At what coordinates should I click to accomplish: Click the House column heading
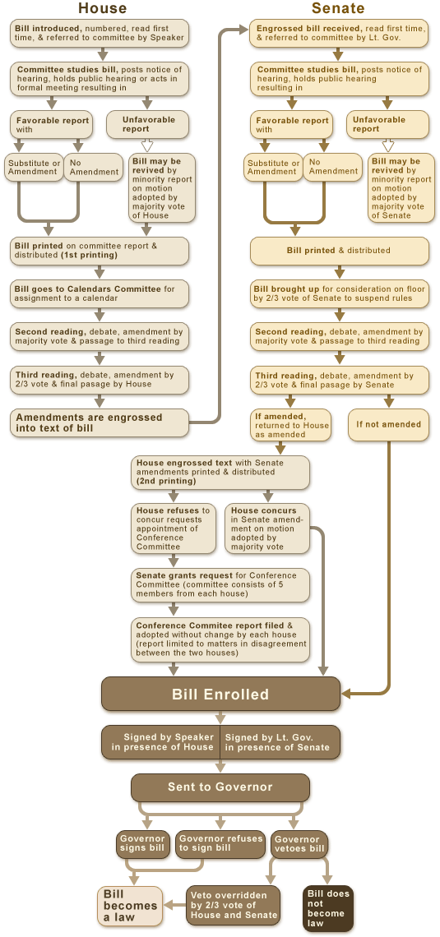pyautogui.click(x=102, y=9)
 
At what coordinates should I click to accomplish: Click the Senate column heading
pyautogui.click(x=338, y=9)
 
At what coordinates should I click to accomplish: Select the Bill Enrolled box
pyautogui.click(x=220, y=695)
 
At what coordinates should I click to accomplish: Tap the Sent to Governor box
pyautogui.click(x=220, y=787)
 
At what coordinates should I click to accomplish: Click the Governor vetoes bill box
pyautogui.click(x=299, y=844)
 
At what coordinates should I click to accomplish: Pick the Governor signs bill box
pyautogui.click(x=143, y=844)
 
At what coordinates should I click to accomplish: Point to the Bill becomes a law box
pyautogui.click(x=129, y=906)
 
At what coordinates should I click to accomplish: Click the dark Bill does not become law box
pyautogui.click(x=328, y=908)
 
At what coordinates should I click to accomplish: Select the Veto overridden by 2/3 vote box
pyautogui.click(x=234, y=904)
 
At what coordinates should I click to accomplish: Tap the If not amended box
pyautogui.click(x=388, y=425)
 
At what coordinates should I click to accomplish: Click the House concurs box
pyautogui.click(x=267, y=529)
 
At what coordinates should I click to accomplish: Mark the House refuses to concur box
pyautogui.click(x=174, y=529)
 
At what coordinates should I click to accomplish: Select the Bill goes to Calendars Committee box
pyautogui.click(x=100, y=293)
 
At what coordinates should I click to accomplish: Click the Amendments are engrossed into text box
pyautogui.click(x=99, y=422)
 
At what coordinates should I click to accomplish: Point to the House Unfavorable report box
pyautogui.click(x=148, y=124)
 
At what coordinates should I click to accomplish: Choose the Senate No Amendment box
pyautogui.click(x=333, y=167)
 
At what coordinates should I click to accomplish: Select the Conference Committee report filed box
pyautogui.click(x=220, y=639)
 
